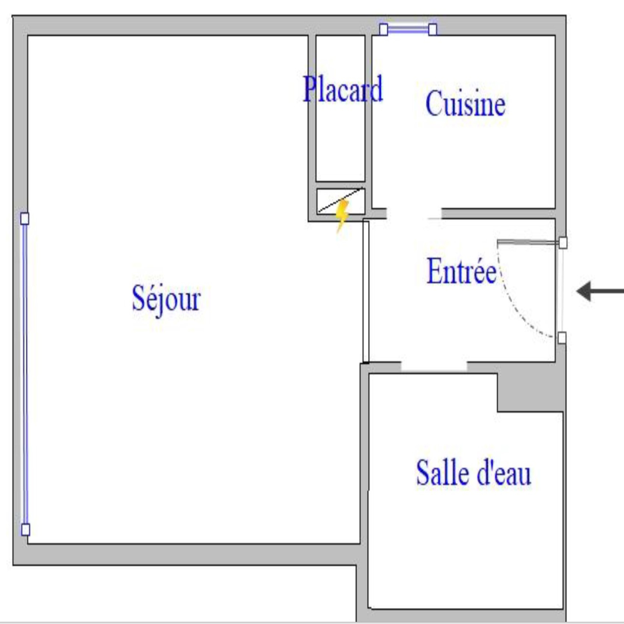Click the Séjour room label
point(167,299)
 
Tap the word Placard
point(343,89)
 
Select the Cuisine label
point(466,103)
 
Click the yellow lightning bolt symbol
point(342,215)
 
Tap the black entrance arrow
point(600,291)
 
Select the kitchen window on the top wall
point(408,29)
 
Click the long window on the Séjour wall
point(25,374)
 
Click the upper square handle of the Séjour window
point(25,218)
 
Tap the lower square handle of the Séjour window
point(25,530)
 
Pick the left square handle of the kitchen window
point(384,29)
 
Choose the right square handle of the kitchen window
point(433,29)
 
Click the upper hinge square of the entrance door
point(563,243)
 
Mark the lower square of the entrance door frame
point(562,338)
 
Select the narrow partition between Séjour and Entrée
point(366,292)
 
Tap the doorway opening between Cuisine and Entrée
point(414,213)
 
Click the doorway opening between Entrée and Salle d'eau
point(434,367)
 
